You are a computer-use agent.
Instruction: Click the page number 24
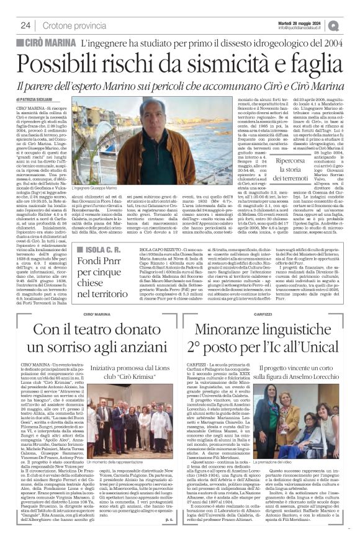point(26,25)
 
